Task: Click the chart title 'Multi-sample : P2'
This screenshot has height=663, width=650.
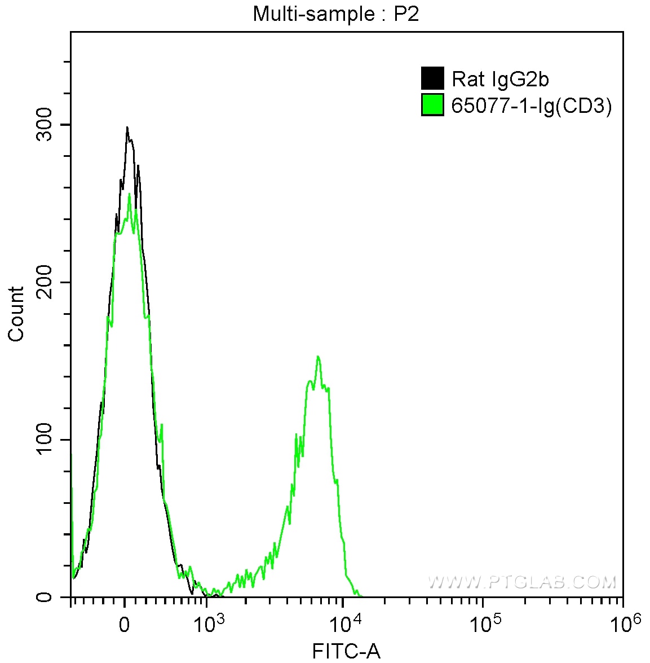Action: (335, 14)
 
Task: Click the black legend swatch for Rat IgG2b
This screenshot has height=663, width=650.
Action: (432, 79)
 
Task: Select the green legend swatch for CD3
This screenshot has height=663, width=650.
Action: (432, 105)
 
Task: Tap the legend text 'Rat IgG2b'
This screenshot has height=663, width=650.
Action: (500, 80)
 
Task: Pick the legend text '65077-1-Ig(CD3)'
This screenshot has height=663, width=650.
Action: (532, 106)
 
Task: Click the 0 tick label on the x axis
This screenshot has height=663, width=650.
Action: (125, 625)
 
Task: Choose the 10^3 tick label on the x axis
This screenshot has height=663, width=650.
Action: (208, 623)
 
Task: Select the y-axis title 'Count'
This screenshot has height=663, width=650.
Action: (17, 314)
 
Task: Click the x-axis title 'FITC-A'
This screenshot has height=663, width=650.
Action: (346, 652)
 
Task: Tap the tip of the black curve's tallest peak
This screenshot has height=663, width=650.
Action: (127, 127)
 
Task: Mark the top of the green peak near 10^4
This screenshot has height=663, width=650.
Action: (319, 356)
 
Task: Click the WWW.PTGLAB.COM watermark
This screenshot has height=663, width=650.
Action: (521, 582)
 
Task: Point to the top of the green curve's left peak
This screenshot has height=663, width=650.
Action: (130, 194)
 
